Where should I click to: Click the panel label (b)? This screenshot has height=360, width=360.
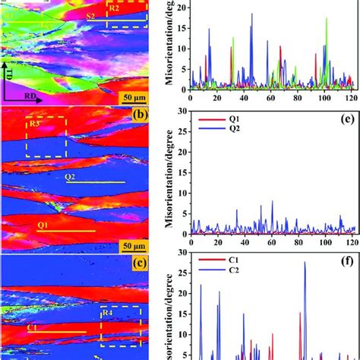(x=138, y=116)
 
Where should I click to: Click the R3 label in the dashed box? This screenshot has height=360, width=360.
(x=34, y=123)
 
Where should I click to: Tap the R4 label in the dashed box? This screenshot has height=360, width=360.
(x=109, y=312)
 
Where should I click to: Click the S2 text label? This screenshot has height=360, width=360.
(x=90, y=16)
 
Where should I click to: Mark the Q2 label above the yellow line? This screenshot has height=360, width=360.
(x=70, y=176)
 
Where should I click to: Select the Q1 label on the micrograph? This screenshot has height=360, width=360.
(x=43, y=225)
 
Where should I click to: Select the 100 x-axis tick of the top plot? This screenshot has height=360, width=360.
(x=324, y=97)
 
